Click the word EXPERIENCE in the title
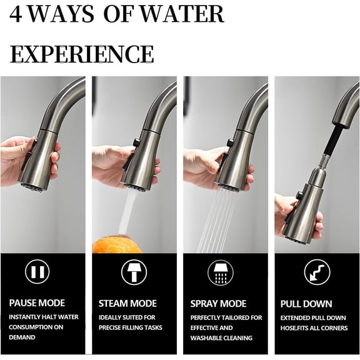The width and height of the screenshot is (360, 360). click(x=82, y=54)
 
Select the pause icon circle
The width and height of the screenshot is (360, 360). click(x=37, y=271)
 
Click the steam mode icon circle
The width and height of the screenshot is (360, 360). click(x=132, y=271)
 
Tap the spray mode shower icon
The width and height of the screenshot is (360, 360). click(x=220, y=271)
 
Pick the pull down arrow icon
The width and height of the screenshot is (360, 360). click(x=316, y=271)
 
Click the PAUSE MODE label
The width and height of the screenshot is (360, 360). click(x=37, y=304)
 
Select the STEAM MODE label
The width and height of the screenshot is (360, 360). click(x=127, y=304)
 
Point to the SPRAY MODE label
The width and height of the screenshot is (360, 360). click(x=218, y=304)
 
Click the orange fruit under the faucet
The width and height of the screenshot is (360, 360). click(x=117, y=244)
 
